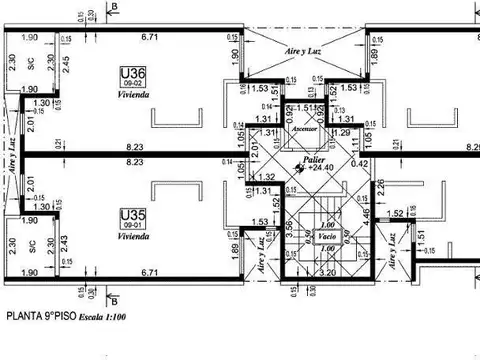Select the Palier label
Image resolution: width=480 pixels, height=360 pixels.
tap(318, 159)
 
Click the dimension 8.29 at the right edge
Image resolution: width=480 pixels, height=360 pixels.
tap(469, 149)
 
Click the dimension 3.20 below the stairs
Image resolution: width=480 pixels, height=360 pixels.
tap(326, 271)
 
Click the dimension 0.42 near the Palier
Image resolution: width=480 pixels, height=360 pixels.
tap(360, 164)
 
